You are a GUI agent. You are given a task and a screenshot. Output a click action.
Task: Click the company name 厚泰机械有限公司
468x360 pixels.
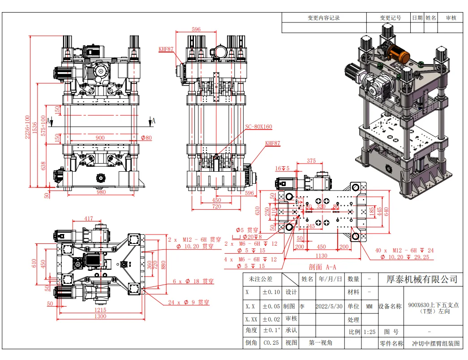tap(422, 279)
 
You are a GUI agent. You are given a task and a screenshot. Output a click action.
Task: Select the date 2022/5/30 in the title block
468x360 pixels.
tap(329, 307)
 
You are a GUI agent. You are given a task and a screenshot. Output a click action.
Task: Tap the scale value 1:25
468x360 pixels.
tap(369, 332)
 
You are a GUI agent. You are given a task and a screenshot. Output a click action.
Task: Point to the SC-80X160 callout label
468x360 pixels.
tap(258, 127)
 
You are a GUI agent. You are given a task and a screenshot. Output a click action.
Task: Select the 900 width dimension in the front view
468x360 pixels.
tap(100, 138)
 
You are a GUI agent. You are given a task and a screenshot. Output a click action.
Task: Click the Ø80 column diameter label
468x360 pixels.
tap(146, 138)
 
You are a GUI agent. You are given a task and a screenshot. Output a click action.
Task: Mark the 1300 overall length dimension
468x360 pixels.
tap(100, 317)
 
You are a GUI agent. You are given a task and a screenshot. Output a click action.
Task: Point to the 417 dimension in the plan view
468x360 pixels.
tap(89, 219)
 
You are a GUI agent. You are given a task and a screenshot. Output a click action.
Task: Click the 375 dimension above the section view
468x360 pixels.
tap(311, 161)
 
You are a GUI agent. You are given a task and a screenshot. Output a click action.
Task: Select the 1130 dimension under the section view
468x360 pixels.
tap(321, 256)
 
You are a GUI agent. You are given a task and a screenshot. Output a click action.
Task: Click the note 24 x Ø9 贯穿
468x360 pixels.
tap(189, 302)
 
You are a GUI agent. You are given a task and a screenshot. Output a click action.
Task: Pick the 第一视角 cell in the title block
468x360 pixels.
tap(320, 343)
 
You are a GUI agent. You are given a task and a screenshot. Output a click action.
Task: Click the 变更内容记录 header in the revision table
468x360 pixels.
tap(323, 18)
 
